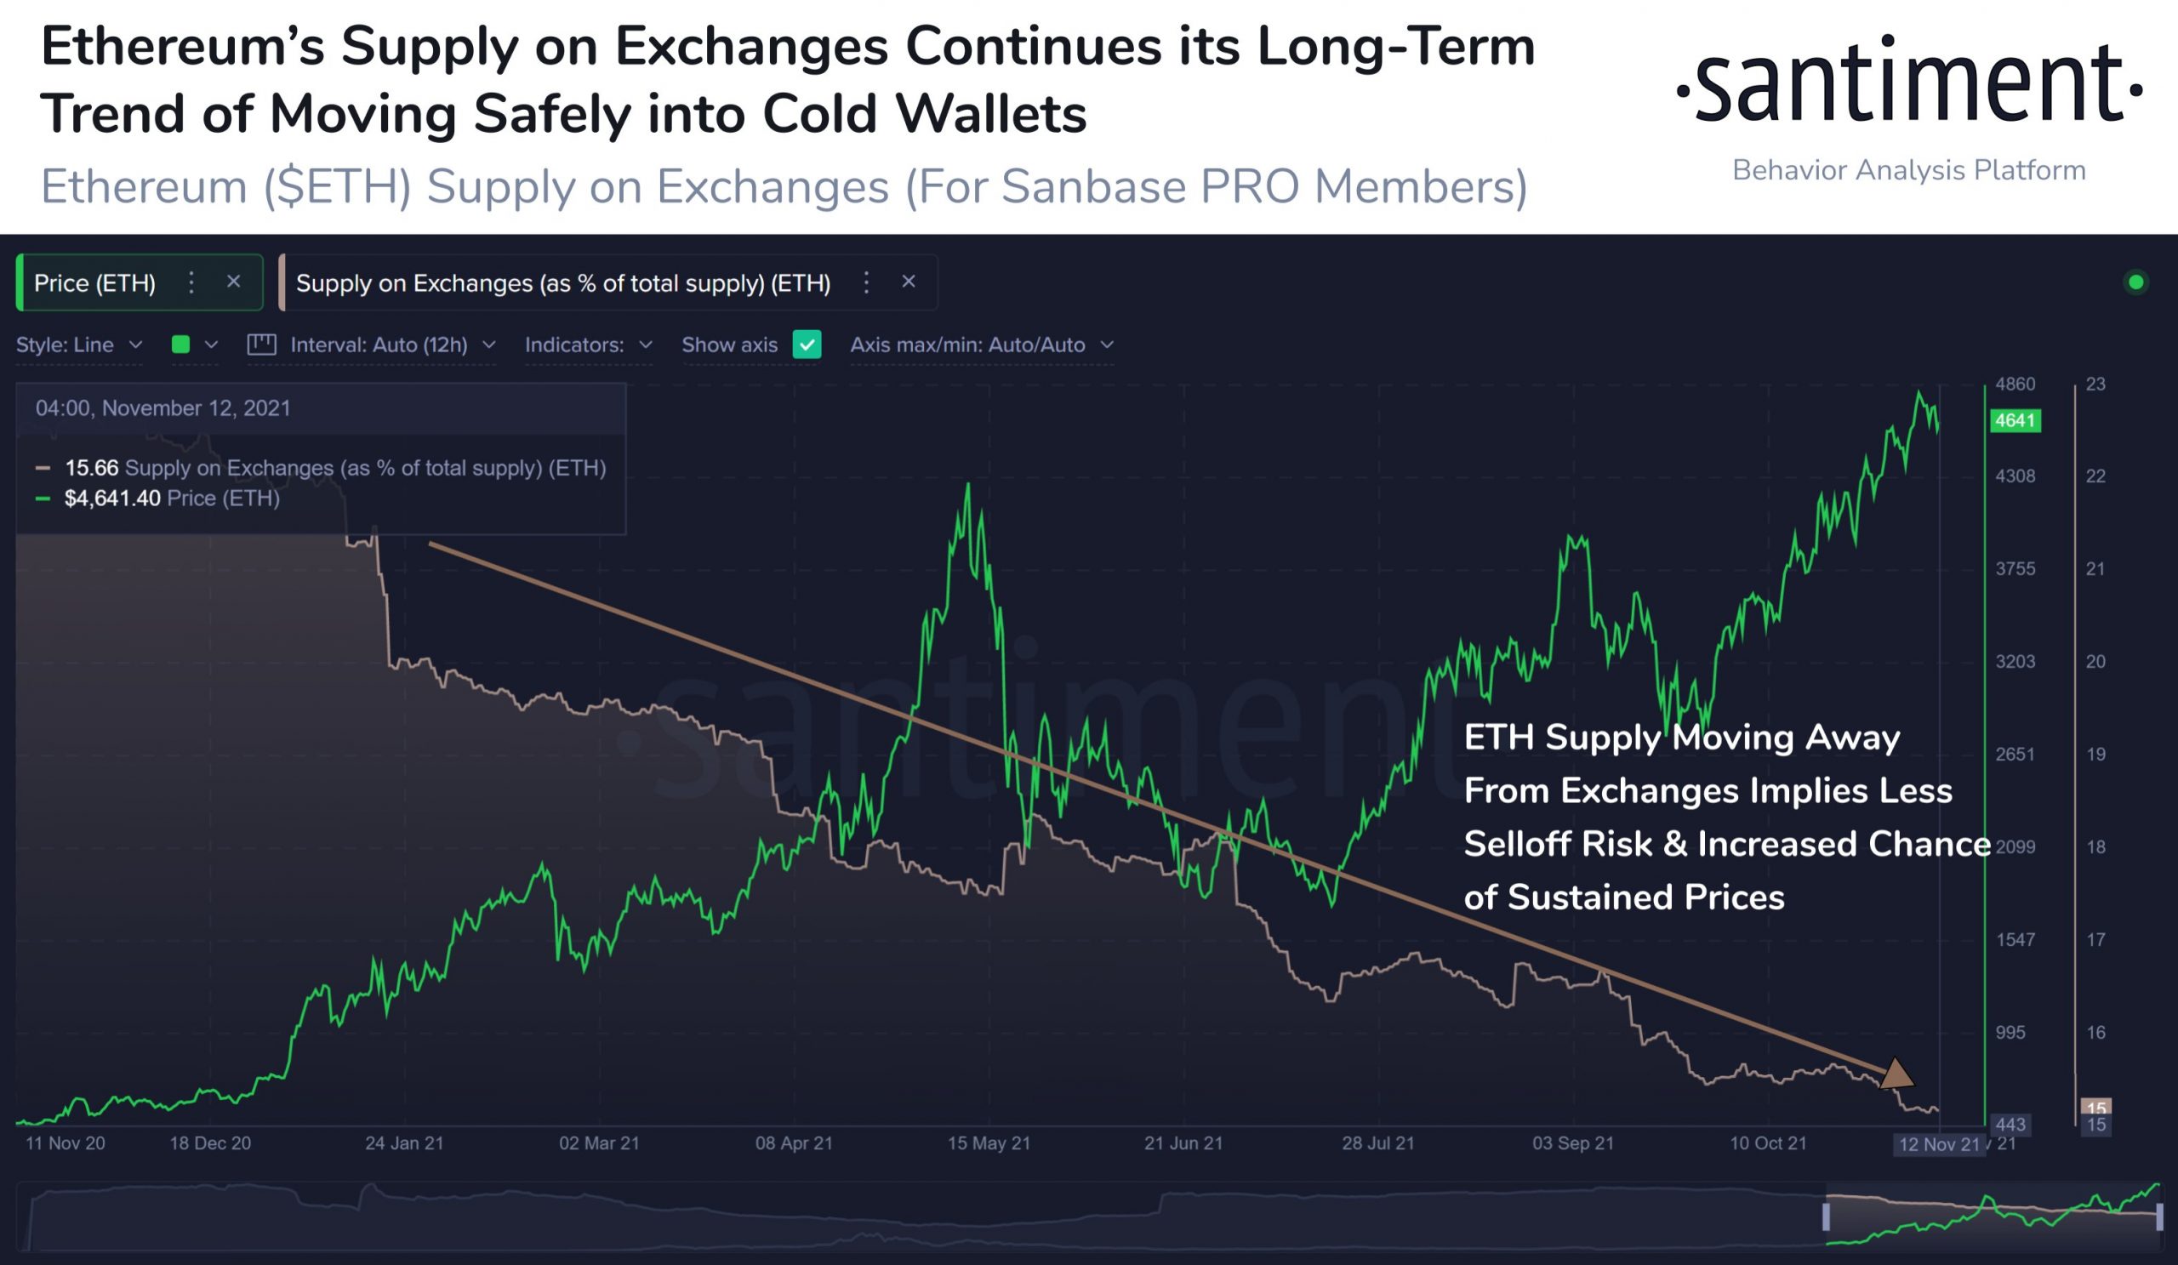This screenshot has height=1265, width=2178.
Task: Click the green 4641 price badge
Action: [x=2014, y=421]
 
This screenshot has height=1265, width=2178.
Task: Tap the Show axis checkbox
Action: [x=807, y=345]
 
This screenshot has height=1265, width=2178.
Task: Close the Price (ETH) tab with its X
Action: [x=233, y=282]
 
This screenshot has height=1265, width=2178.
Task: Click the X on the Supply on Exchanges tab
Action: [x=909, y=282]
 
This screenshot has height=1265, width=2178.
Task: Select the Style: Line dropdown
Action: [x=78, y=345]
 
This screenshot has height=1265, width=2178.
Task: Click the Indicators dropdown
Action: [x=588, y=345]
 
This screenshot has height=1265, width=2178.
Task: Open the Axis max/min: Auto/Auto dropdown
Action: [x=981, y=345]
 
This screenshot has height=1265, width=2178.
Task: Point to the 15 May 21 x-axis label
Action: [x=989, y=1143]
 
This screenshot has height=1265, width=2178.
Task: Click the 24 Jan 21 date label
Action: [x=403, y=1143]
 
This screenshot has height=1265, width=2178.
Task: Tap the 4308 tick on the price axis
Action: [x=2015, y=476]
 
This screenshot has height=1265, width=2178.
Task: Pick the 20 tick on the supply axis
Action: [x=2095, y=662]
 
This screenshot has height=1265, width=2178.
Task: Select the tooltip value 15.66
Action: [x=92, y=469]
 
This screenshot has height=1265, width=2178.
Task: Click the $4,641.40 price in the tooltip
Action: [x=112, y=499]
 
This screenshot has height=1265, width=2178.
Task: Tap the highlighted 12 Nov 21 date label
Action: [x=1939, y=1145]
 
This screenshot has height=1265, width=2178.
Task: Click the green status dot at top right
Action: [x=2135, y=282]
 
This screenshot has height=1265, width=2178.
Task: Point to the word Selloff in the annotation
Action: [x=1558, y=844]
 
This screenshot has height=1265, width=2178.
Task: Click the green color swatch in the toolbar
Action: [x=180, y=345]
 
